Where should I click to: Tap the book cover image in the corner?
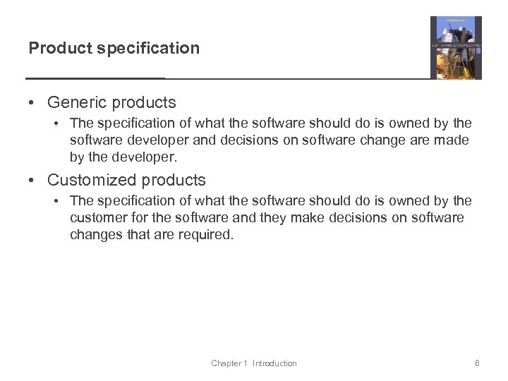(x=456, y=48)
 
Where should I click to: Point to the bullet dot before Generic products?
(x=32, y=103)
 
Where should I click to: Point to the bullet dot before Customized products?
(x=32, y=180)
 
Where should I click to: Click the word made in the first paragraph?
(x=452, y=140)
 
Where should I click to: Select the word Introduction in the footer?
(x=274, y=363)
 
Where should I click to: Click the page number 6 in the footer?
(x=478, y=363)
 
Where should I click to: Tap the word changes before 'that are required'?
(x=95, y=234)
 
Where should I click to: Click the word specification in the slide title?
(x=146, y=48)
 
